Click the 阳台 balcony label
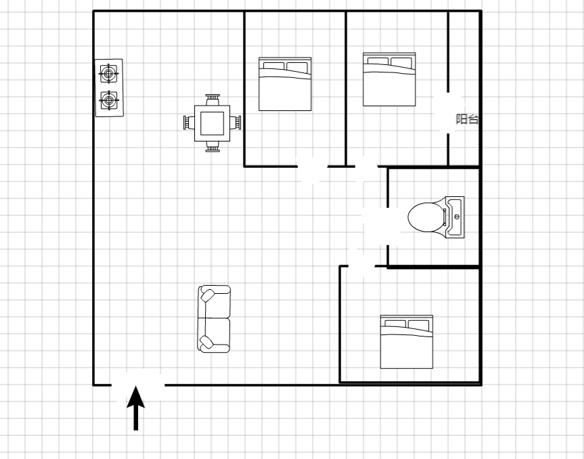click(x=467, y=119)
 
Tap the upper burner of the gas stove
click(x=108, y=74)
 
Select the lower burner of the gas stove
click(x=109, y=100)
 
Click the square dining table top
click(x=212, y=123)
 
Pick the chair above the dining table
click(x=212, y=100)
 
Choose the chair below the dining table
click(x=212, y=147)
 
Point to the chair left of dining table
click(x=189, y=123)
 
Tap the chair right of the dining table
click(x=235, y=123)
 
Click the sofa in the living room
click(x=214, y=319)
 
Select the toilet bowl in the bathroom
click(x=425, y=217)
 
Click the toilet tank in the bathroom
click(x=455, y=217)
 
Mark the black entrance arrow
click(x=136, y=408)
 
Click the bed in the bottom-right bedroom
click(x=406, y=342)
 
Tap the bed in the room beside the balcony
click(x=389, y=79)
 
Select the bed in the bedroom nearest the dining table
click(x=285, y=84)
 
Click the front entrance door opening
click(x=138, y=385)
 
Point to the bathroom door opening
click(x=388, y=227)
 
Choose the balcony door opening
click(x=448, y=113)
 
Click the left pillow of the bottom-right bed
click(x=395, y=324)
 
